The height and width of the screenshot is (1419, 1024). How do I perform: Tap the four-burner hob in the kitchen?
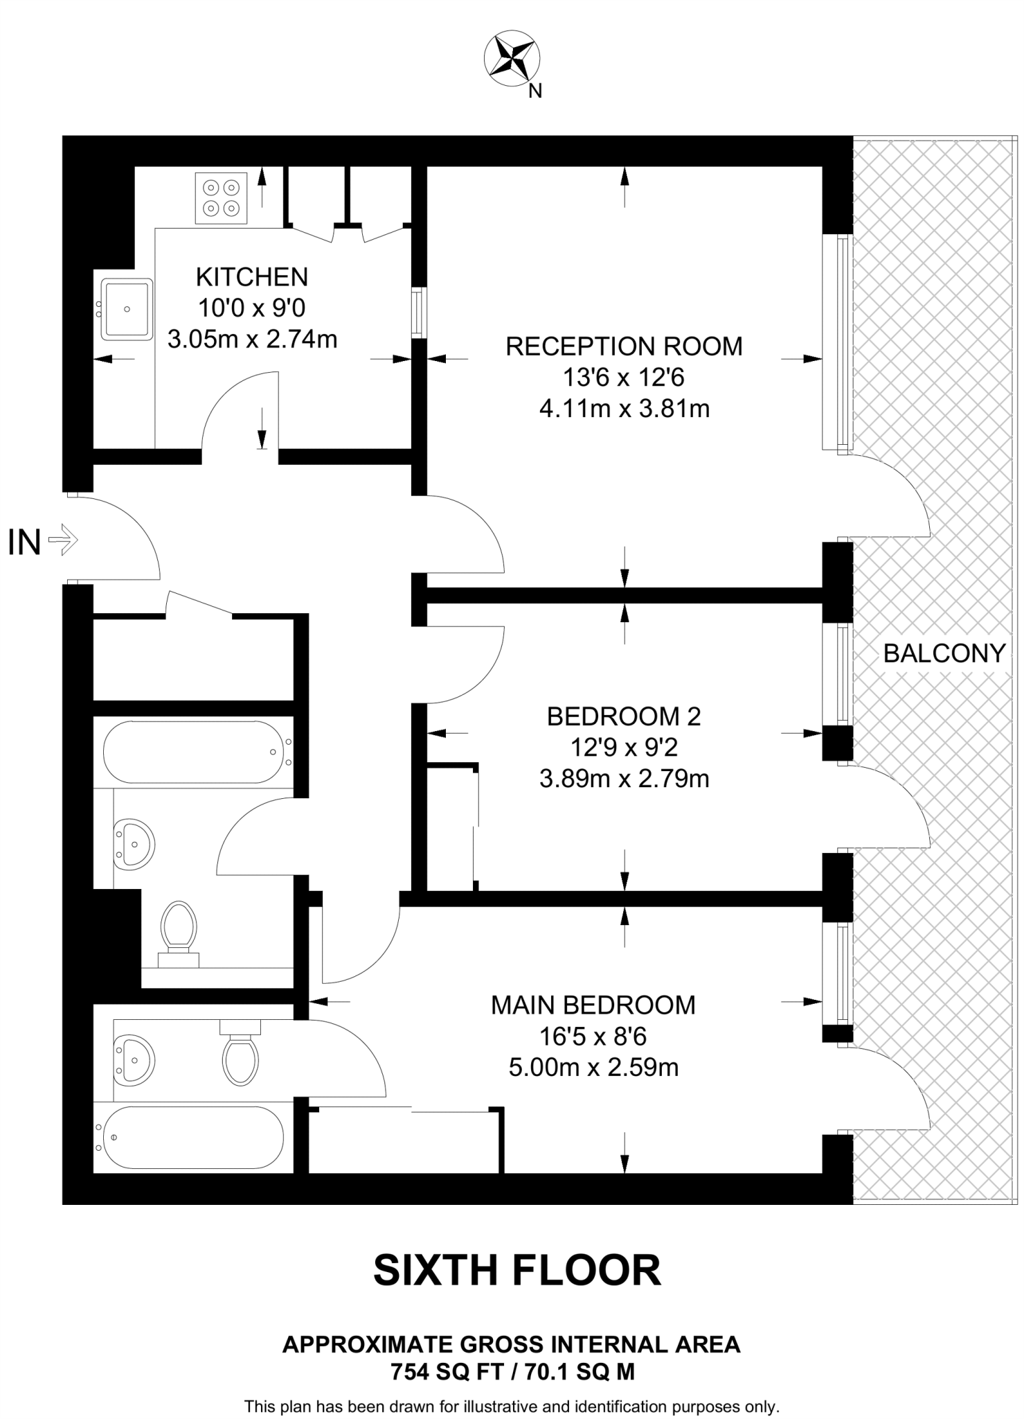pos(221,197)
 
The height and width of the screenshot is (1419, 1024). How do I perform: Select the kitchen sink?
pos(127,309)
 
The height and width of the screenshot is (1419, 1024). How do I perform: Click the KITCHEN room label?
pos(251,277)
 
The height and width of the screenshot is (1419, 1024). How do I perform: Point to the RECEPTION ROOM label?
pos(624,346)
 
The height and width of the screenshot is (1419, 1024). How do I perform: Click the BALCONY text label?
pos(944,653)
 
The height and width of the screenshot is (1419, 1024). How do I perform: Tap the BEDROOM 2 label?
pos(624,716)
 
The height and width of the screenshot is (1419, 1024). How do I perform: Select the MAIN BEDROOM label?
pos(593,1005)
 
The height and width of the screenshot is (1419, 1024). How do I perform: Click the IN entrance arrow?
pos(64,540)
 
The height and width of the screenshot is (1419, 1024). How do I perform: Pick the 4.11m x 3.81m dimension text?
pos(624,409)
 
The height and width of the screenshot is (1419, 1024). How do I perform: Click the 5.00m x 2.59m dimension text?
pos(593,1068)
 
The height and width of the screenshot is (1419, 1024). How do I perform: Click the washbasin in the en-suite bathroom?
pos(133,1060)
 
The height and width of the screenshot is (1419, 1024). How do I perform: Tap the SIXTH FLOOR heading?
pos(517,1270)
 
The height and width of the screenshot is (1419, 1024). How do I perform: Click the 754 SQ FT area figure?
pos(443,1372)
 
